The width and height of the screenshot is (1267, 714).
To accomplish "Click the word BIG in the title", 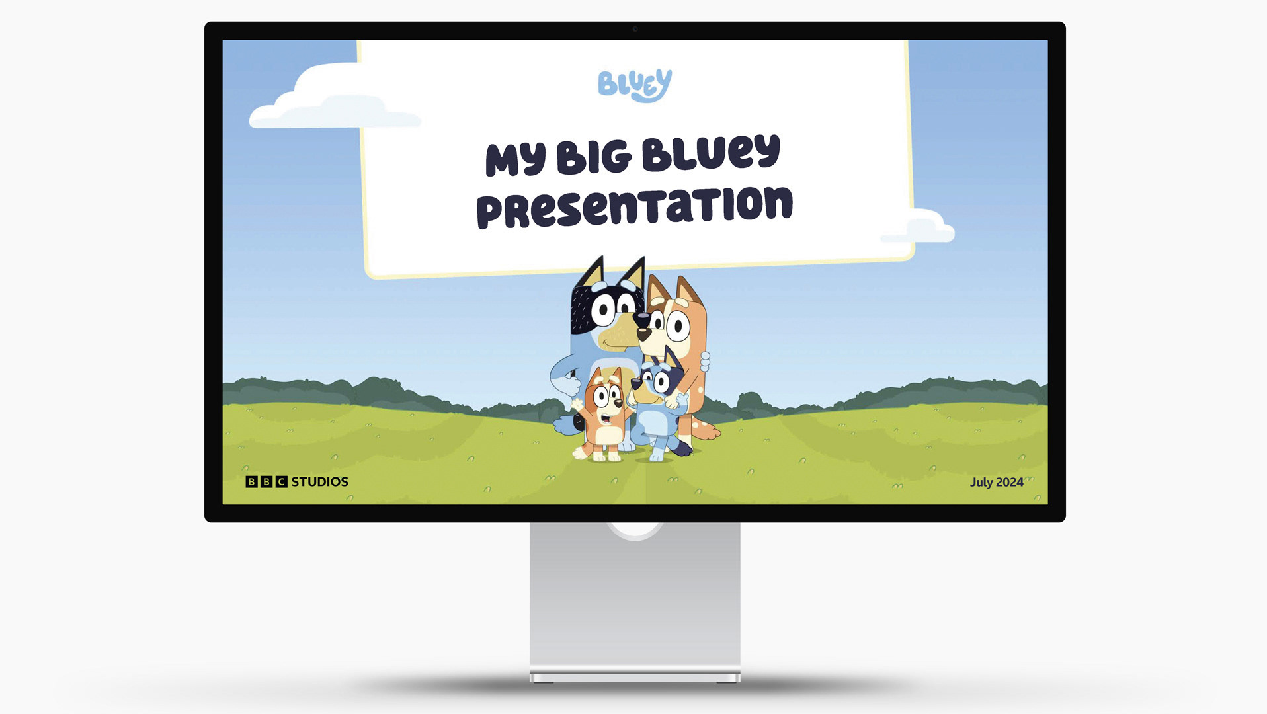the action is pyautogui.click(x=594, y=157).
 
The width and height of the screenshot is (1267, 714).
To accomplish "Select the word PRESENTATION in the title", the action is pyautogui.click(x=635, y=207).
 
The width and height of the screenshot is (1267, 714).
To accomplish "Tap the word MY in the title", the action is pyautogui.click(x=516, y=160).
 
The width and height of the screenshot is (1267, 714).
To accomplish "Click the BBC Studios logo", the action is pyautogui.click(x=297, y=481).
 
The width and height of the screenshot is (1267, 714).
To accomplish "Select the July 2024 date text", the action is pyautogui.click(x=997, y=482).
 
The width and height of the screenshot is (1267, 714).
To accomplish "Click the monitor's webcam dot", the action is pyautogui.click(x=635, y=29).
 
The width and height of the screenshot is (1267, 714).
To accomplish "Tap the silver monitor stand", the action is pyautogui.click(x=635, y=602).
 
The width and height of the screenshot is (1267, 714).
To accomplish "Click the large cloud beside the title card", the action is pyautogui.click(x=331, y=99).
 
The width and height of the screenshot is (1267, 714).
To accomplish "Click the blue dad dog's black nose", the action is pyautogui.click(x=641, y=319).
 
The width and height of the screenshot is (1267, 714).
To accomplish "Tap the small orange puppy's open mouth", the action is pyautogui.click(x=606, y=418).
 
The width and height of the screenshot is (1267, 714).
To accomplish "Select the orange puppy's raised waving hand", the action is pyautogui.click(x=577, y=403).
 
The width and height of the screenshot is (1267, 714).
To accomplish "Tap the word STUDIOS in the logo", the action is pyautogui.click(x=320, y=481).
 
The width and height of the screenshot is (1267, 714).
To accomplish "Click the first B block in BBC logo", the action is pyautogui.click(x=251, y=481).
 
